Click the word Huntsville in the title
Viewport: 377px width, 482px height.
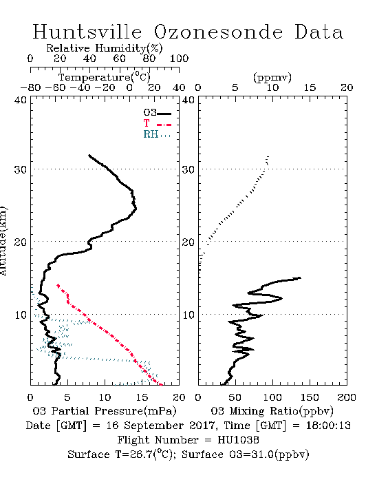[x=87, y=32]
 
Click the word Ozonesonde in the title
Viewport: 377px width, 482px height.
[x=218, y=32]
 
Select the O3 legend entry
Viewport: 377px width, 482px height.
[x=157, y=113]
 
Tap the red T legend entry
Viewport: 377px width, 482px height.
[x=157, y=123]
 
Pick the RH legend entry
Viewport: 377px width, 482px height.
[x=157, y=134]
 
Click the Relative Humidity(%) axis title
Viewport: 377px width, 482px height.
[x=104, y=48]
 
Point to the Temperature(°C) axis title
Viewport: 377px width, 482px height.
[x=104, y=77]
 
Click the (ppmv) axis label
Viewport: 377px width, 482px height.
[x=272, y=77]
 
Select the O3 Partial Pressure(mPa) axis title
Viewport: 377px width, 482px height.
[x=105, y=410]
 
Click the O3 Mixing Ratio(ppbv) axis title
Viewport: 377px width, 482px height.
[x=272, y=410]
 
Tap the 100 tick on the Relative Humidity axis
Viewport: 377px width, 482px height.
[x=179, y=59]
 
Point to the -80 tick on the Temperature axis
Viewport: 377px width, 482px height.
[x=30, y=87]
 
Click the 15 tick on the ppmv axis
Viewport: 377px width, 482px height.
[x=310, y=87]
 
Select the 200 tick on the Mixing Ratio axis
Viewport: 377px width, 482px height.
[x=347, y=397]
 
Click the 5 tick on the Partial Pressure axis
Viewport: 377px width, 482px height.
[x=67, y=397]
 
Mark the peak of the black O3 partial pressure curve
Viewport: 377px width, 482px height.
[x=136, y=209]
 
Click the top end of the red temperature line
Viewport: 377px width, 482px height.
[x=58, y=285]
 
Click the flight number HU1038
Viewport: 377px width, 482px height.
[x=238, y=439]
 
